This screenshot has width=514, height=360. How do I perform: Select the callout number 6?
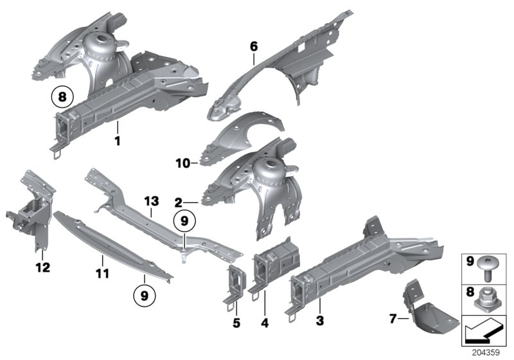click(254, 46)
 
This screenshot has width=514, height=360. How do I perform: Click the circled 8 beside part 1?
click(62, 98)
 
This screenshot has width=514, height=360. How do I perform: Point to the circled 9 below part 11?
click(145, 296)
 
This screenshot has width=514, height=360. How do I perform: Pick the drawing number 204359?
click(488, 353)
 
